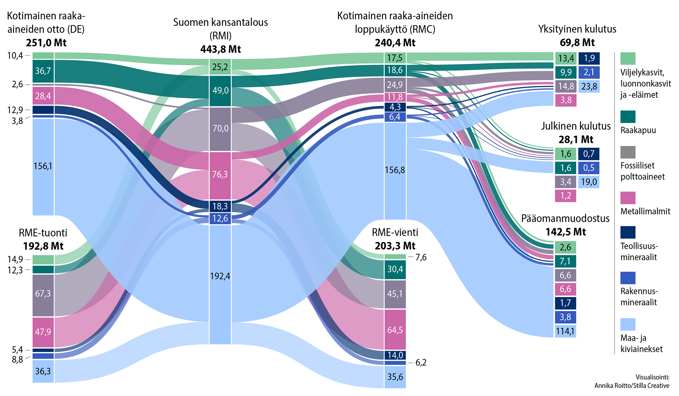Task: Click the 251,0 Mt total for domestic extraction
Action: pyautogui.click(x=46, y=43)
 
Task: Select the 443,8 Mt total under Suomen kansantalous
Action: pyautogui.click(x=220, y=49)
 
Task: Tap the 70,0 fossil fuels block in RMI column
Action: pyautogui.click(x=220, y=128)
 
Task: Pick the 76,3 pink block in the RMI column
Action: pyautogui.click(x=220, y=175)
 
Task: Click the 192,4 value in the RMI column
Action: pyautogui.click(x=220, y=276)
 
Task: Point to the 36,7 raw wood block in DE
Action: pyautogui.click(x=43, y=71)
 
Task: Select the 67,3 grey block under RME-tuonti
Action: pyautogui.click(x=43, y=294)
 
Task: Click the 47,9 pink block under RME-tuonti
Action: pyautogui.click(x=43, y=332)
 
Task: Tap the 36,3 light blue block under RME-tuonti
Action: pyautogui.click(x=43, y=371)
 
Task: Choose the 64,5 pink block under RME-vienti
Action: pyautogui.click(x=395, y=330)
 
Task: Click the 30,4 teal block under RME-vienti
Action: pyautogui.click(x=395, y=269)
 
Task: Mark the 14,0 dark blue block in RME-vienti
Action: pyautogui.click(x=395, y=355)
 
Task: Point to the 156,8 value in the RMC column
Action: pyautogui.click(x=395, y=170)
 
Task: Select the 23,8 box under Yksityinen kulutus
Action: pyautogui.click(x=589, y=86)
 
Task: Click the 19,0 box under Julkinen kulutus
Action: pyautogui.click(x=589, y=182)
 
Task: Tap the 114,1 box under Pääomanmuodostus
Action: pyautogui.click(x=565, y=331)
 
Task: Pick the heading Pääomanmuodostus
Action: pyautogui.click(x=565, y=218)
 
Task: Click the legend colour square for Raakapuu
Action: pyautogui.click(x=628, y=117)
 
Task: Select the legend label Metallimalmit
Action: pyautogui.click(x=645, y=211)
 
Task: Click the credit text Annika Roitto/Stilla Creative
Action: pyautogui.click(x=632, y=385)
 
